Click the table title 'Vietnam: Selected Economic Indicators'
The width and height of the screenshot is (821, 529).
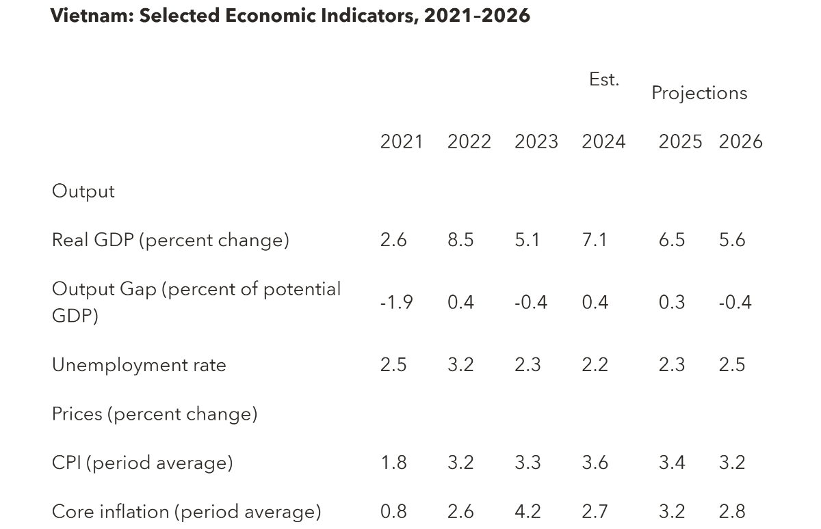tap(290, 16)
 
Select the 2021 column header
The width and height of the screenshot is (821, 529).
tap(402, 141)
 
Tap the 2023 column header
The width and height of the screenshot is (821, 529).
tap(536, 141)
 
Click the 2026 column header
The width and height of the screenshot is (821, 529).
tap(740, 141)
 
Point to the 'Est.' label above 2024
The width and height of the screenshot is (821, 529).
tap(603, 80)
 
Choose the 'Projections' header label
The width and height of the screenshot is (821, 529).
tap(699, 93)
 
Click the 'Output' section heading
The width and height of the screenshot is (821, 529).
tap(83, 191)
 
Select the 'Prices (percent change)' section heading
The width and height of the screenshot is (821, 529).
tap(155, 414)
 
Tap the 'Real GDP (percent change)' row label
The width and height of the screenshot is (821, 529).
tap(170, 241)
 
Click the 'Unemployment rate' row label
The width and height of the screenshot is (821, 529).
tap(139, 365)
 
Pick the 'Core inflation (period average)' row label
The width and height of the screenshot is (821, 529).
tap(186, 512)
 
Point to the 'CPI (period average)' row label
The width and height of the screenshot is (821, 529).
tap(142, 463)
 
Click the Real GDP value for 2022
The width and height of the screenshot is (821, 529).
tap(460, 241)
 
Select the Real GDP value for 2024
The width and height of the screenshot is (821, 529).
tap(595, 241)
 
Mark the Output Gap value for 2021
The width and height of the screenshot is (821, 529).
tap(396, 302)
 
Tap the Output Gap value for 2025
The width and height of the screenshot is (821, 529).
tap(672, 302)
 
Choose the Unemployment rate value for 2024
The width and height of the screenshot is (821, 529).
tap(595, 365)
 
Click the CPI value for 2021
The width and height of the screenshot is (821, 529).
tap(393, 463)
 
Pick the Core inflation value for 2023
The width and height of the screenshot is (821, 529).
tap(527, 512)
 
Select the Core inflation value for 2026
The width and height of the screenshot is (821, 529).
tap(732, 512)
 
